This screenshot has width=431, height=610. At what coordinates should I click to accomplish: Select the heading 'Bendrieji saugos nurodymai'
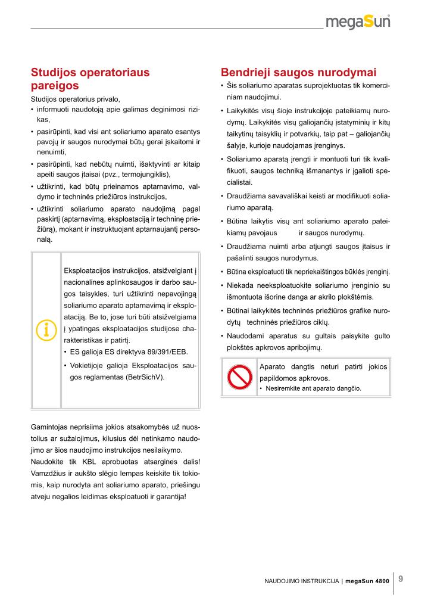(298, 73)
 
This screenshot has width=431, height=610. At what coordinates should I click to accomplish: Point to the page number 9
(401, 578)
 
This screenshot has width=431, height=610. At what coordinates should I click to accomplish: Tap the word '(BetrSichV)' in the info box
(145, 377)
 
